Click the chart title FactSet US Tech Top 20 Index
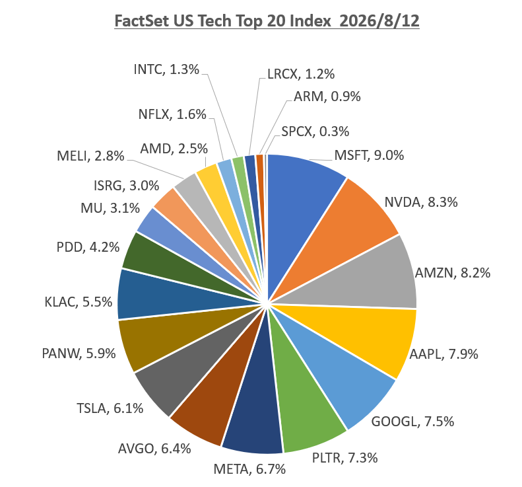coord(222,21)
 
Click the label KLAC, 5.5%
coord(79,303)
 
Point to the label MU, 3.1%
coord(110,208)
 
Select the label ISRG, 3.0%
coord(127,186)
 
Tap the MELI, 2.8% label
coord(90,156)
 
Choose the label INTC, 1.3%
coord(166,69)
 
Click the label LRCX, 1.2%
coord(301,74)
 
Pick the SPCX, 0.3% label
coord(315,131)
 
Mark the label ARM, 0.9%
coord(327,96)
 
